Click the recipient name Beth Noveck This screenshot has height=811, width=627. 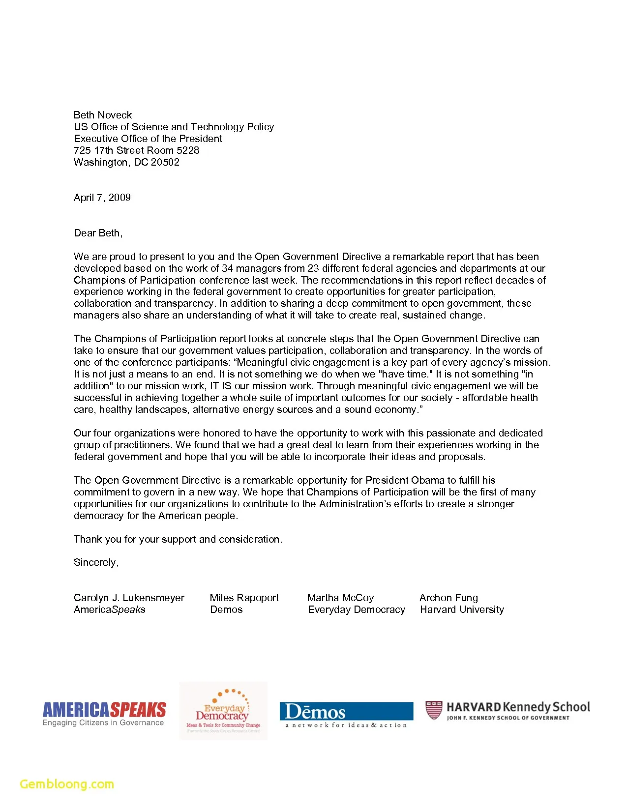103,115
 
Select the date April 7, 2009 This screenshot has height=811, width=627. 102,198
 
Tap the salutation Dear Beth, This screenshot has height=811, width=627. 98,233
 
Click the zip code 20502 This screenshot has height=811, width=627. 165,162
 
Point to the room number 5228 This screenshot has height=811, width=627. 188,150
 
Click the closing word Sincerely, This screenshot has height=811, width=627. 96,562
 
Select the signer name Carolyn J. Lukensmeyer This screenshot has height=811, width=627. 129,598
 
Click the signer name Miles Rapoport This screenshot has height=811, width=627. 244,598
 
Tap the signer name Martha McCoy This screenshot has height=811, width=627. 340,598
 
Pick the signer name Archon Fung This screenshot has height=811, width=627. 448,598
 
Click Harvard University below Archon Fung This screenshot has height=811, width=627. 462,609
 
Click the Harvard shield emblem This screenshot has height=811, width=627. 434,710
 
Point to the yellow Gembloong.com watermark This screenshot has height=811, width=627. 67,784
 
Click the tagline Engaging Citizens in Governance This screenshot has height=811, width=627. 103,723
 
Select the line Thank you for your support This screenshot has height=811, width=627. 178,539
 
